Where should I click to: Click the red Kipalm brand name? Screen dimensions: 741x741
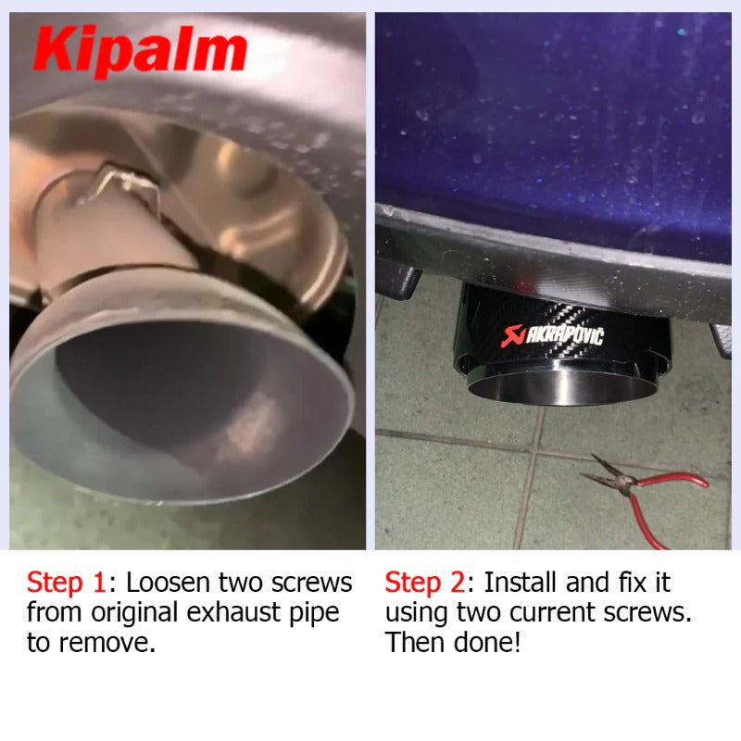click(x=141, y=51)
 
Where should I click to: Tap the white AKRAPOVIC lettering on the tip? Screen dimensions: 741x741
click(x=565, y=335)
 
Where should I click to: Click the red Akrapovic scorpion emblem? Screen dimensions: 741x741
click(x=513, y=335)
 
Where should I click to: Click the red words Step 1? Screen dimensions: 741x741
click(x=66, y=583)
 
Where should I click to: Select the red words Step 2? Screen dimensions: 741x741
click(x=425, y=583)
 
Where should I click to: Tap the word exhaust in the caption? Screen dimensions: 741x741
click(x=234, y=612)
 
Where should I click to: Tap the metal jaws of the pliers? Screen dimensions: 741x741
click(x=608, y=472)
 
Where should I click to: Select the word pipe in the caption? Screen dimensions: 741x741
click(x=314, y=613)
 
